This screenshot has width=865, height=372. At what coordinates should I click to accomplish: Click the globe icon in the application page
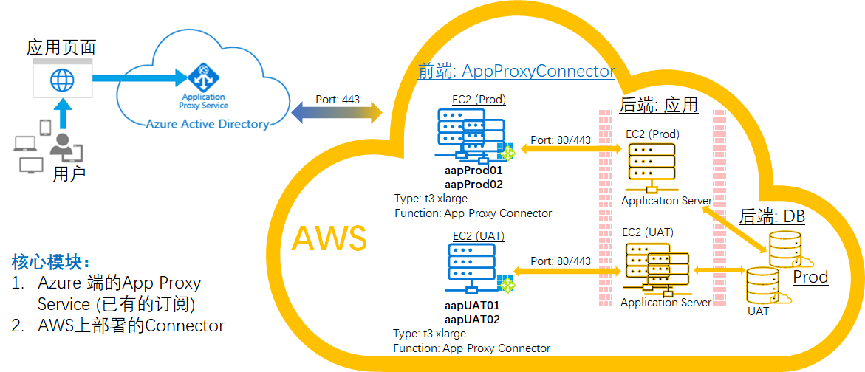[x=62, y=79]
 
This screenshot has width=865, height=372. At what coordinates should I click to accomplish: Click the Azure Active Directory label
[x=207, y=124]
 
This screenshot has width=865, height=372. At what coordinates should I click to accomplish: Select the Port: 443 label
[x=338, y=100]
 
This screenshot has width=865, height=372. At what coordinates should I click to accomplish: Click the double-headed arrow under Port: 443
[x=337, y=114]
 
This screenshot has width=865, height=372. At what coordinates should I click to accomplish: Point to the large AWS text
[x=329, y=238]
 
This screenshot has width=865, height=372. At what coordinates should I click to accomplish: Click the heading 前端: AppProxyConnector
[x=516, y=71]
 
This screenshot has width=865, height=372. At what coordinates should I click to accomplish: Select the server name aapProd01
[x=473, y=171]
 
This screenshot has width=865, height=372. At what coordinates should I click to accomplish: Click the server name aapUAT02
[x=472, y=320]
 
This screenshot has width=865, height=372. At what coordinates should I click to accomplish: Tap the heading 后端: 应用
[x=658, y=106]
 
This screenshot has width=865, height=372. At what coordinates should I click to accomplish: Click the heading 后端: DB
[x=772, y=217]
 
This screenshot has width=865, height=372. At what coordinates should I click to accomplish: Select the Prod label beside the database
[x=810, y=278]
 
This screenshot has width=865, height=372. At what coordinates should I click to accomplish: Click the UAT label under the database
[x=758, y=311]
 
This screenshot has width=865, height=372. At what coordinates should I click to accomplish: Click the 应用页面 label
[x=61, y=48]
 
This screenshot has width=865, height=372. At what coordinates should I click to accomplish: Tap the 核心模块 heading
[x=52, y=261]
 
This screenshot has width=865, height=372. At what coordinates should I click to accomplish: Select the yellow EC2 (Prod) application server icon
[x=652, y=167]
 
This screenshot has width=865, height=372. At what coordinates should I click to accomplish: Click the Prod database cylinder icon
[x=785, y=249]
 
